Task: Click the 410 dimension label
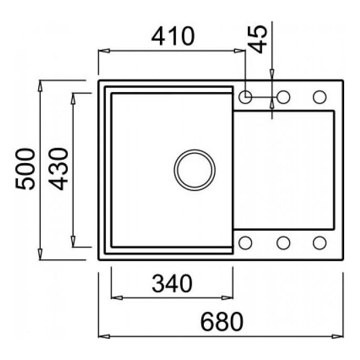173,37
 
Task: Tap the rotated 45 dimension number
258,39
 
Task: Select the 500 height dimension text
25,169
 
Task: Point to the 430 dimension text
58,169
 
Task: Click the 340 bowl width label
172,284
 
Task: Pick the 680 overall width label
221,321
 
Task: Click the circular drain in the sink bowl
195,170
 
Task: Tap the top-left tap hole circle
246,97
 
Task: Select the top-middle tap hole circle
283,97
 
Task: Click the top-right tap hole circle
319,97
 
